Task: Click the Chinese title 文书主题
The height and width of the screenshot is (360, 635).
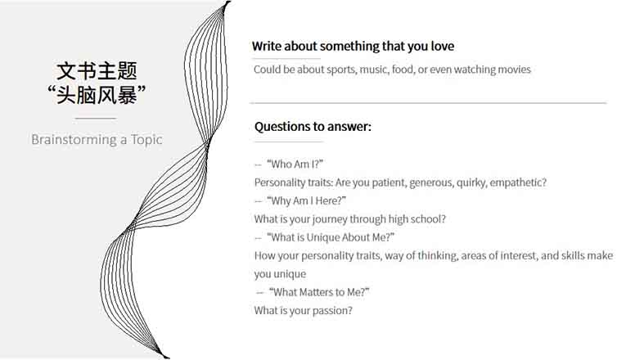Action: tap(97, 71)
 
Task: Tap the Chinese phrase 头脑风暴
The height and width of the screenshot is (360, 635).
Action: tap(97, 95)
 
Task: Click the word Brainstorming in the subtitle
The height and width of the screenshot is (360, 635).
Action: tap(74, 140)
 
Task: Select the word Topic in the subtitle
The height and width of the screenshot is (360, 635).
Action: tap(146, 140)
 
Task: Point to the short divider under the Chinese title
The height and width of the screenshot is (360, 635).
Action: tap(96, 119)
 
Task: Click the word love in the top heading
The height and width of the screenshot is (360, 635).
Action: tap(442, 46)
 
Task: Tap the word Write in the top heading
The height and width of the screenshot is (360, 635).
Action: tap(267, 46)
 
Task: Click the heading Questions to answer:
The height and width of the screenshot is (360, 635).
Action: tap(313, 127)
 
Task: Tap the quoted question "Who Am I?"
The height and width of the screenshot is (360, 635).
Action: tap(295, 164)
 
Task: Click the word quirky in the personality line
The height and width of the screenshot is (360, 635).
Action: tap(472, 182)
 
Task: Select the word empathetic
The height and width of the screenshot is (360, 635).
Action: tap(518, 182)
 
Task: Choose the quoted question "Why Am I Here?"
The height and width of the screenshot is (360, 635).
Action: tap(307, 200)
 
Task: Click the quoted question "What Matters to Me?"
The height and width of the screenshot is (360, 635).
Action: tap(319, 292)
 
